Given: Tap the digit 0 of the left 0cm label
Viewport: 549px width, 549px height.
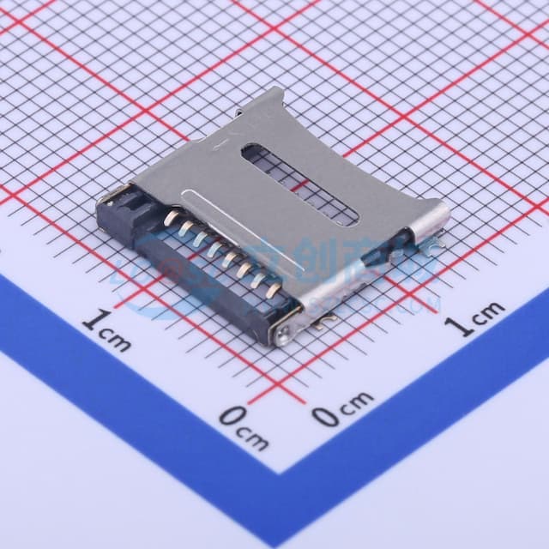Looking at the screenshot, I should click(231, 417).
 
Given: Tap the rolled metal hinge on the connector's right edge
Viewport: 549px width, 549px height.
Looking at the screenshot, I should click(429, 218).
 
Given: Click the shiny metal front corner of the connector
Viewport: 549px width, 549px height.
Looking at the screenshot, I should click(285, 330).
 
